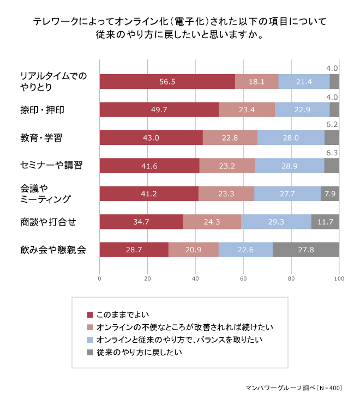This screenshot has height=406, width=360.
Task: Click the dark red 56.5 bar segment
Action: pos(167,82)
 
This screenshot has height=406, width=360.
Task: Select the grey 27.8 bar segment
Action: pos(305,250)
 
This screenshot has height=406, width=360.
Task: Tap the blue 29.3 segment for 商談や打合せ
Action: pos(276,222)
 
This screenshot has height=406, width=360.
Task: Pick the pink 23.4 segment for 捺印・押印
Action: pos(247,110)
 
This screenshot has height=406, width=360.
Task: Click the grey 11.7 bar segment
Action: pos(325,222)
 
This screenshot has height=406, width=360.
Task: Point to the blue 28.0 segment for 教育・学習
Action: pos(291,138)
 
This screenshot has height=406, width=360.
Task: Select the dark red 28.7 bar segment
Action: pos(134,250)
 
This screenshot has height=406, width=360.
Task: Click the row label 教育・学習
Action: pos(41,138)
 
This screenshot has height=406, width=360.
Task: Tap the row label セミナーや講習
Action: pos(51,166)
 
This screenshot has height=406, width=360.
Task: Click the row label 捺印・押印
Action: pos(42,110)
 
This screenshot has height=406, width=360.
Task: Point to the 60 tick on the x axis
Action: pos(243,278)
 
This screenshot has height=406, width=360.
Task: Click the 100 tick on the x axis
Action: pos(339,278)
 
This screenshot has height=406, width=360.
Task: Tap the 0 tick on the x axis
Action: pos(100,278)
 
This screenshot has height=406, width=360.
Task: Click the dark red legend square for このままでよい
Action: pos(91,314)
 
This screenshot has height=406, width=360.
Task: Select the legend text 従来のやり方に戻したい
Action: pos(139,353)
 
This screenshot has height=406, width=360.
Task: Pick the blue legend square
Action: pos(91,340)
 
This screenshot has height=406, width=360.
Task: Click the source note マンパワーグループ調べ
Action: pos(284,389)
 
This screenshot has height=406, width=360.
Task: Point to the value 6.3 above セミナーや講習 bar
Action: pos(331,153)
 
